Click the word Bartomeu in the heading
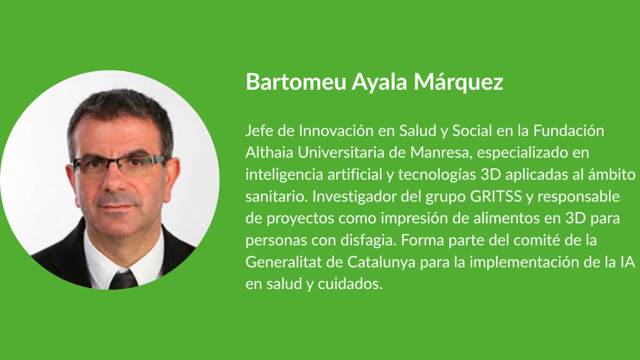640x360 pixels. click(x=296, y=81)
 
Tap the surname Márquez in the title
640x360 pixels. click(x=459, y=82)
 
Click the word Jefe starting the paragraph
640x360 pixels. click(x=259, y=131)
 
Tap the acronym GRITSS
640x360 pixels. click(x=496, y=196)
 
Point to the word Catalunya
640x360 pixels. click(x=381, y=262)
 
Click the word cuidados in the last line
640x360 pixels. click(x=350, y=284)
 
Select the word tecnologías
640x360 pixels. click(x=437, y=175)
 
